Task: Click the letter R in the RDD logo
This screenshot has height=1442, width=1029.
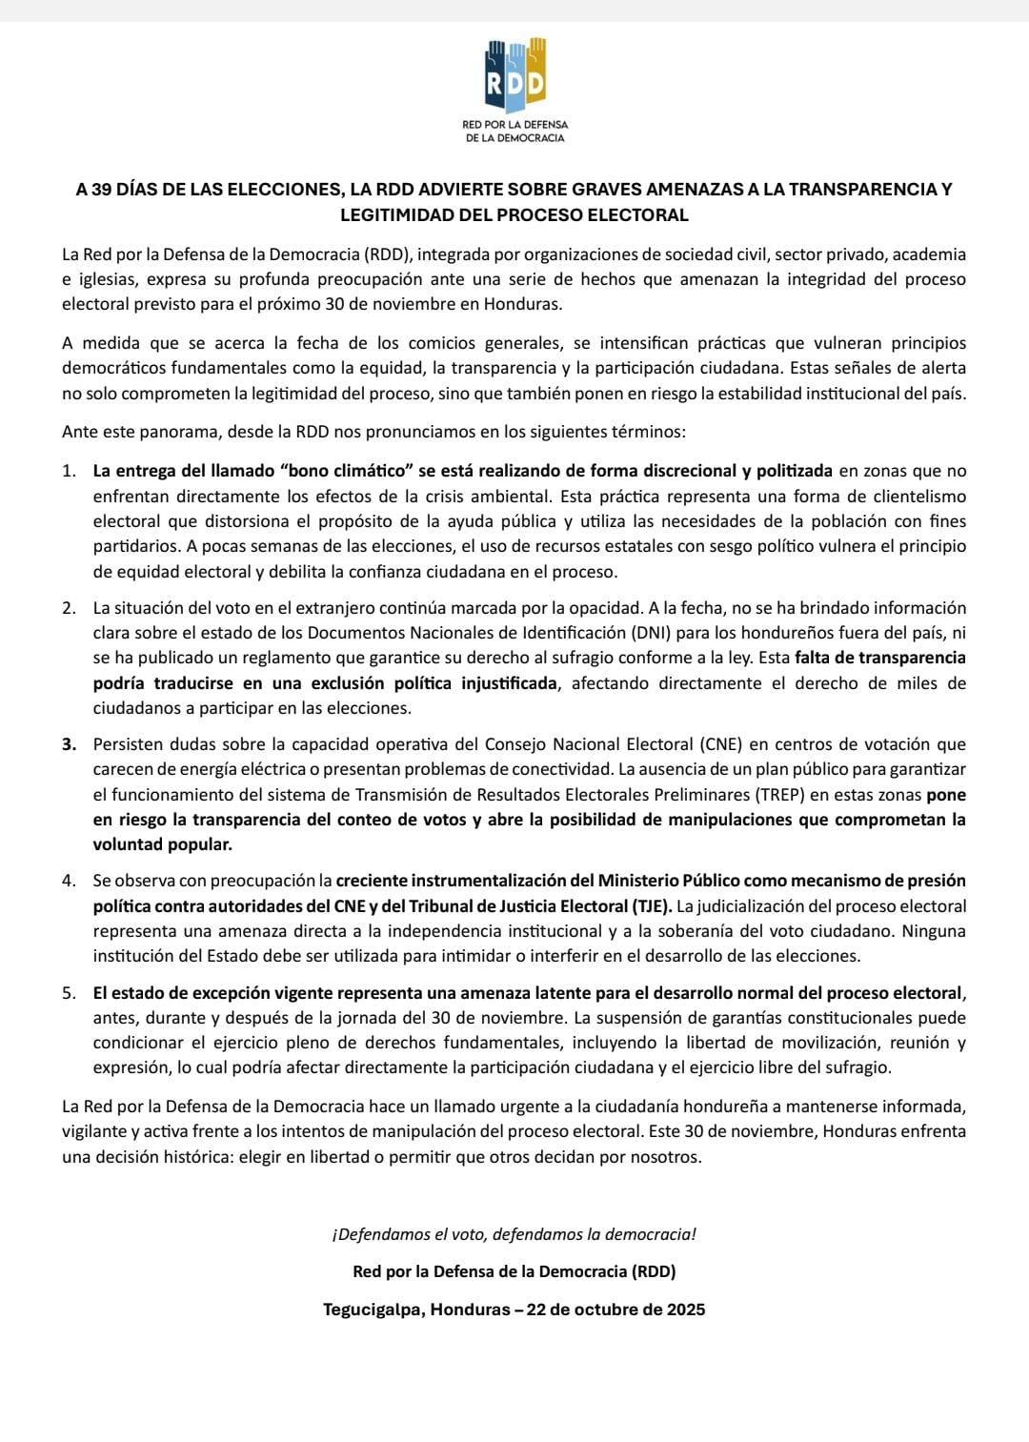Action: [495, 85]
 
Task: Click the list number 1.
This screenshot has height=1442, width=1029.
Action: [68, 471]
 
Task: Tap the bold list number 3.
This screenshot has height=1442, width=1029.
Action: [69, 744]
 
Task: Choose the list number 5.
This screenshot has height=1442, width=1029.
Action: [68, 993]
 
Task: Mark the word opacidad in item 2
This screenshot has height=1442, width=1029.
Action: [602, 608]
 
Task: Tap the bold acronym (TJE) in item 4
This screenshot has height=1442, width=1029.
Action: [650, 905]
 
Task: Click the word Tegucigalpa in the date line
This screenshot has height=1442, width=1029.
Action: [373, 1310]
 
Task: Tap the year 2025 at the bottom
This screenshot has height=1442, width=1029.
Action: [683, 1310]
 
